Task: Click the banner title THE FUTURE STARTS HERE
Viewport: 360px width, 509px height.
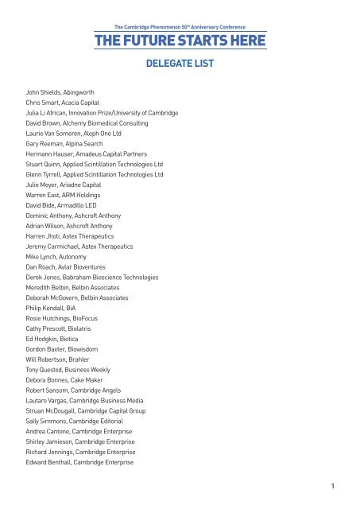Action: [180, 41]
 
